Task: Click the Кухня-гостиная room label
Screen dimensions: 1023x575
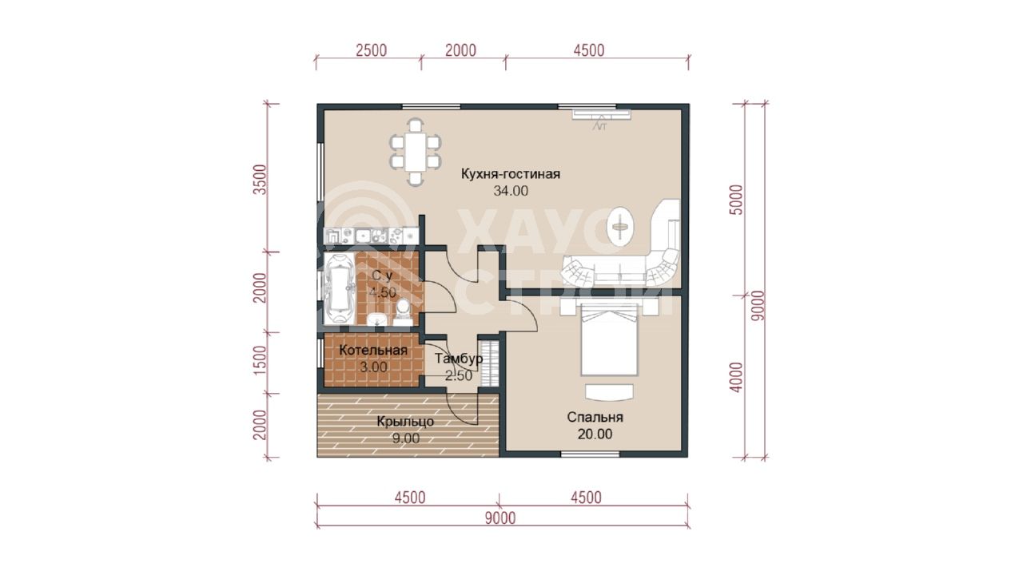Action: [x=511, y=174]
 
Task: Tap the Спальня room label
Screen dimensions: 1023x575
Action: [x=595, y=417]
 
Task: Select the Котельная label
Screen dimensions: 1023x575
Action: [x=373, y=351]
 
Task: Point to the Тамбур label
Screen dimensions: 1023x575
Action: [x=459, y=359]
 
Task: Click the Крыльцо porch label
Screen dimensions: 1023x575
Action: [x=405, y=422]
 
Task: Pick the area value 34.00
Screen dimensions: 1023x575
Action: [x=511, y=191]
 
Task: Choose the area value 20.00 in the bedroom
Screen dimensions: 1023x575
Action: [x=595, y=434]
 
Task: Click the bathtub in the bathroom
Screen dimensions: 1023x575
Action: [x=339, y=289]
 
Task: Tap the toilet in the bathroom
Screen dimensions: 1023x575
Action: [x=403, y=312]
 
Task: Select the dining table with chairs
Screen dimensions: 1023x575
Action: [x=415, y=152]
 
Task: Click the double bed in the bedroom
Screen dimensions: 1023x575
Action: [x=609, y=340]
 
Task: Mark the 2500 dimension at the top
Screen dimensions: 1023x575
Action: [x=371, y=50]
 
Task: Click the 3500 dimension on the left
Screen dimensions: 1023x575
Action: [x=260, y=180]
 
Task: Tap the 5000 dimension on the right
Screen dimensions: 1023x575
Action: [x=737, y=200]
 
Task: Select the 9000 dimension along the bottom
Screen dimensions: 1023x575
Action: [x=500, y=518]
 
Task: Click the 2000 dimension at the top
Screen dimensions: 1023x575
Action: [x=460, y=50]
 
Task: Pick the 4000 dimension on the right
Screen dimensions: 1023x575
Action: [x=737, y=378]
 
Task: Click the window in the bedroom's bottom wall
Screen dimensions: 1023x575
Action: [x=590, y=454]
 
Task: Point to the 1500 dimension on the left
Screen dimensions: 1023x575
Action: [x=260, y=360]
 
